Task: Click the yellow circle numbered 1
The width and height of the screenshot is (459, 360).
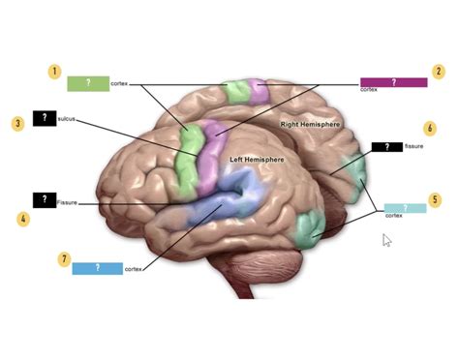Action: tap(56, 72)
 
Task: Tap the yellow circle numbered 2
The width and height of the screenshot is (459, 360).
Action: tap(439, 72)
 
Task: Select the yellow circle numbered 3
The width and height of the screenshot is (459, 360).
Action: tap(18, 123)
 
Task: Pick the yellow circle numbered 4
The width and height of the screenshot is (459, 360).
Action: tap(23, 220)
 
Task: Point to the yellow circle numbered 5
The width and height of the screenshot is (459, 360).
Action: tap(436, 199)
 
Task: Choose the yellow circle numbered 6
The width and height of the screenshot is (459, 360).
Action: tap(429, 128)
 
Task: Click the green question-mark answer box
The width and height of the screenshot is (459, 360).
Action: tap(87, 83)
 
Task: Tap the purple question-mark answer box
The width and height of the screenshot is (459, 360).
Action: tap(393, 82)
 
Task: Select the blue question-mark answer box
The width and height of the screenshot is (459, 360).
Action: tap(97, 268)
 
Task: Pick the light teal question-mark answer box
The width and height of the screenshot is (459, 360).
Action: tap(404, 208)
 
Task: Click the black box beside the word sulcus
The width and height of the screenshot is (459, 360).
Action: tap(44, 118)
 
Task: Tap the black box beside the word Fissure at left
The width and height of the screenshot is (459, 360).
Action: tap(44, 200)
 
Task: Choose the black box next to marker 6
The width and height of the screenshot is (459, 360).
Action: tap(387, 147)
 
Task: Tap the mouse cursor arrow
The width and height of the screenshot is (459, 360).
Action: tap(386, 239)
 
